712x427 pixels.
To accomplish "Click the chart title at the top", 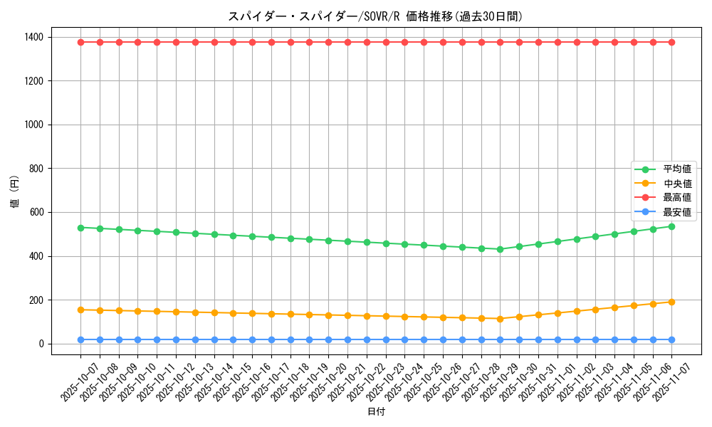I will pos(370,16).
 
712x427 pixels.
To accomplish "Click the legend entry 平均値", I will pos(677,169).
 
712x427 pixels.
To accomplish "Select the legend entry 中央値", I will pos(677,184).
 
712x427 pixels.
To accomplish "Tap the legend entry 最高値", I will pos(677,198).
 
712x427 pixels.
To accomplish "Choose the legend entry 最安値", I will pos(677,212).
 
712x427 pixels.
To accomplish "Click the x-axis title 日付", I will pos(376,412).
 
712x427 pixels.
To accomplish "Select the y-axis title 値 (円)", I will pos(15,193).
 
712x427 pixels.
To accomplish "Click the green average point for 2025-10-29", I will pos(500,249).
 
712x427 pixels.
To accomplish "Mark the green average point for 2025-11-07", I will pos(671,226).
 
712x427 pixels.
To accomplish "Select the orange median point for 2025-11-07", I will pos(671,302).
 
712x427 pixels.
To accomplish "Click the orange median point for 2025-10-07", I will pos(80,310).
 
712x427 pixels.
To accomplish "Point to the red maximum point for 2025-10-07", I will pos(80,42).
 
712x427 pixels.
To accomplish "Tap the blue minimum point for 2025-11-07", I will pos(671,339).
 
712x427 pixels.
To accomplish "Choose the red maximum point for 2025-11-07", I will pos(671,42).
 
